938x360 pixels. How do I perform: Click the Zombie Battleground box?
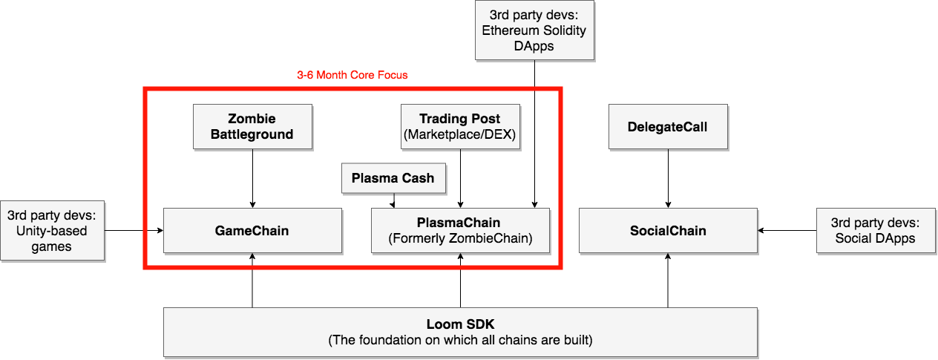coord(252,126)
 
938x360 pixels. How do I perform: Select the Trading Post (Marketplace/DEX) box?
coord(460,126)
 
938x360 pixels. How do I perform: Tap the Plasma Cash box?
coord(393,178)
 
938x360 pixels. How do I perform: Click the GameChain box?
coord(252,231)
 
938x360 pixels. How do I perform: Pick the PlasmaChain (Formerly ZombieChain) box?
coord(460,230)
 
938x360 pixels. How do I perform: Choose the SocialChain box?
coord(668,231)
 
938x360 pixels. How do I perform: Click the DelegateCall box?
coord(668,126)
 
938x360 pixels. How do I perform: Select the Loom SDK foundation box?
coord(460,332)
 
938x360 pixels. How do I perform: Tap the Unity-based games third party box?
coord(52,231)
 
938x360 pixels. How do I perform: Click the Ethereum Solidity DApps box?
coord(534,30)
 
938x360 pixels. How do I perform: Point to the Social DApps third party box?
coord(876,231)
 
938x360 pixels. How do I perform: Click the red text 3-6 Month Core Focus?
coord(352,75)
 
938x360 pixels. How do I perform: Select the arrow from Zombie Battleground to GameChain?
coord(252,178)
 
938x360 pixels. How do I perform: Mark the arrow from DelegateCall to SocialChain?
coord(668,178)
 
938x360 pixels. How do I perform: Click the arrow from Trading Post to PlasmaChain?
coord(461,178)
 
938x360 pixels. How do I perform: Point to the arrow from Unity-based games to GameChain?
coord(134,231)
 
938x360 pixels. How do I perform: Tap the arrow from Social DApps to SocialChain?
coord(787,231)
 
